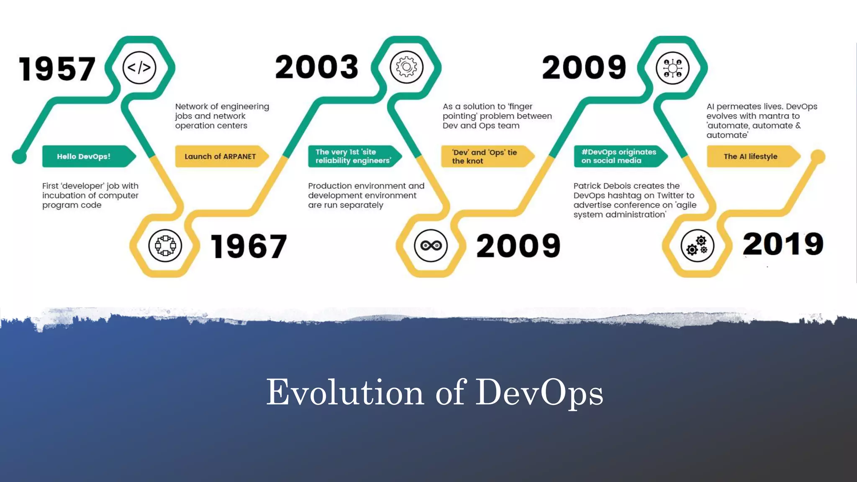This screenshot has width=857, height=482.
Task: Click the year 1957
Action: point(57,69)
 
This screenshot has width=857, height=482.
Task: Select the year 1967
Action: point(249,246)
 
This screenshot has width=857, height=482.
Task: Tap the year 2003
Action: point(317,67)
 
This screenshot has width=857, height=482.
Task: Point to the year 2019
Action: point(783,244)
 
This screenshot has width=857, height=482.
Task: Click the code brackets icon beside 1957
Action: point(139,67)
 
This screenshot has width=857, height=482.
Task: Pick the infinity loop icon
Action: point(431,246)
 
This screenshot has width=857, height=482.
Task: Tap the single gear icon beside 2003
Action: point(406,67)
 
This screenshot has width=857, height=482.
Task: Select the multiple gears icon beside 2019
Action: point(697,246)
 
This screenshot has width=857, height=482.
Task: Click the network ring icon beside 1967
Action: point(165,246)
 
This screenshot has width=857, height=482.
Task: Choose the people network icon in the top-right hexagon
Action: point(672,68)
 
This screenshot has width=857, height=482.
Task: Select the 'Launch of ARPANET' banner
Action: point(221,156)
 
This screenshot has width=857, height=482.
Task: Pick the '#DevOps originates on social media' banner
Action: point(619,156)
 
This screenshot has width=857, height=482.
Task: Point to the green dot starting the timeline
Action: point(19,156)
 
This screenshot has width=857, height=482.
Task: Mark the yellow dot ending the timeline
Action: point(818,156)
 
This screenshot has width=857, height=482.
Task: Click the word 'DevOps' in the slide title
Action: point(539,392)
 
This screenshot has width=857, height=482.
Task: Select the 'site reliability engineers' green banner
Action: point(354,156)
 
